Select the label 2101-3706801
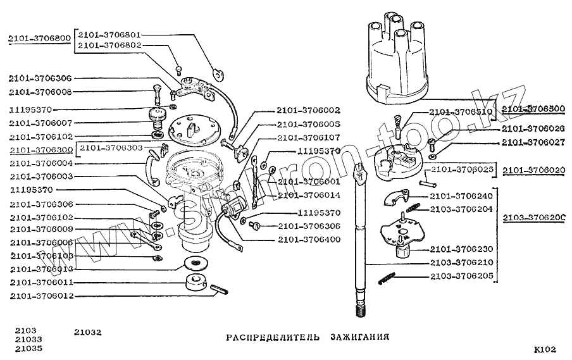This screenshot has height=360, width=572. pos(109,34)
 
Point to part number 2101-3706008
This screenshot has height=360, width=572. pos(40,92)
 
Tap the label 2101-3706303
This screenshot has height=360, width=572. pos(111,147)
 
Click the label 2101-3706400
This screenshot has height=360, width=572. pos(308,240)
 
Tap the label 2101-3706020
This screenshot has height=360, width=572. pos(535,170)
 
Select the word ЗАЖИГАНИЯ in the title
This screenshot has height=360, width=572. pos(359,337)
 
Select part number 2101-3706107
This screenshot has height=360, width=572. pos(308,137)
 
